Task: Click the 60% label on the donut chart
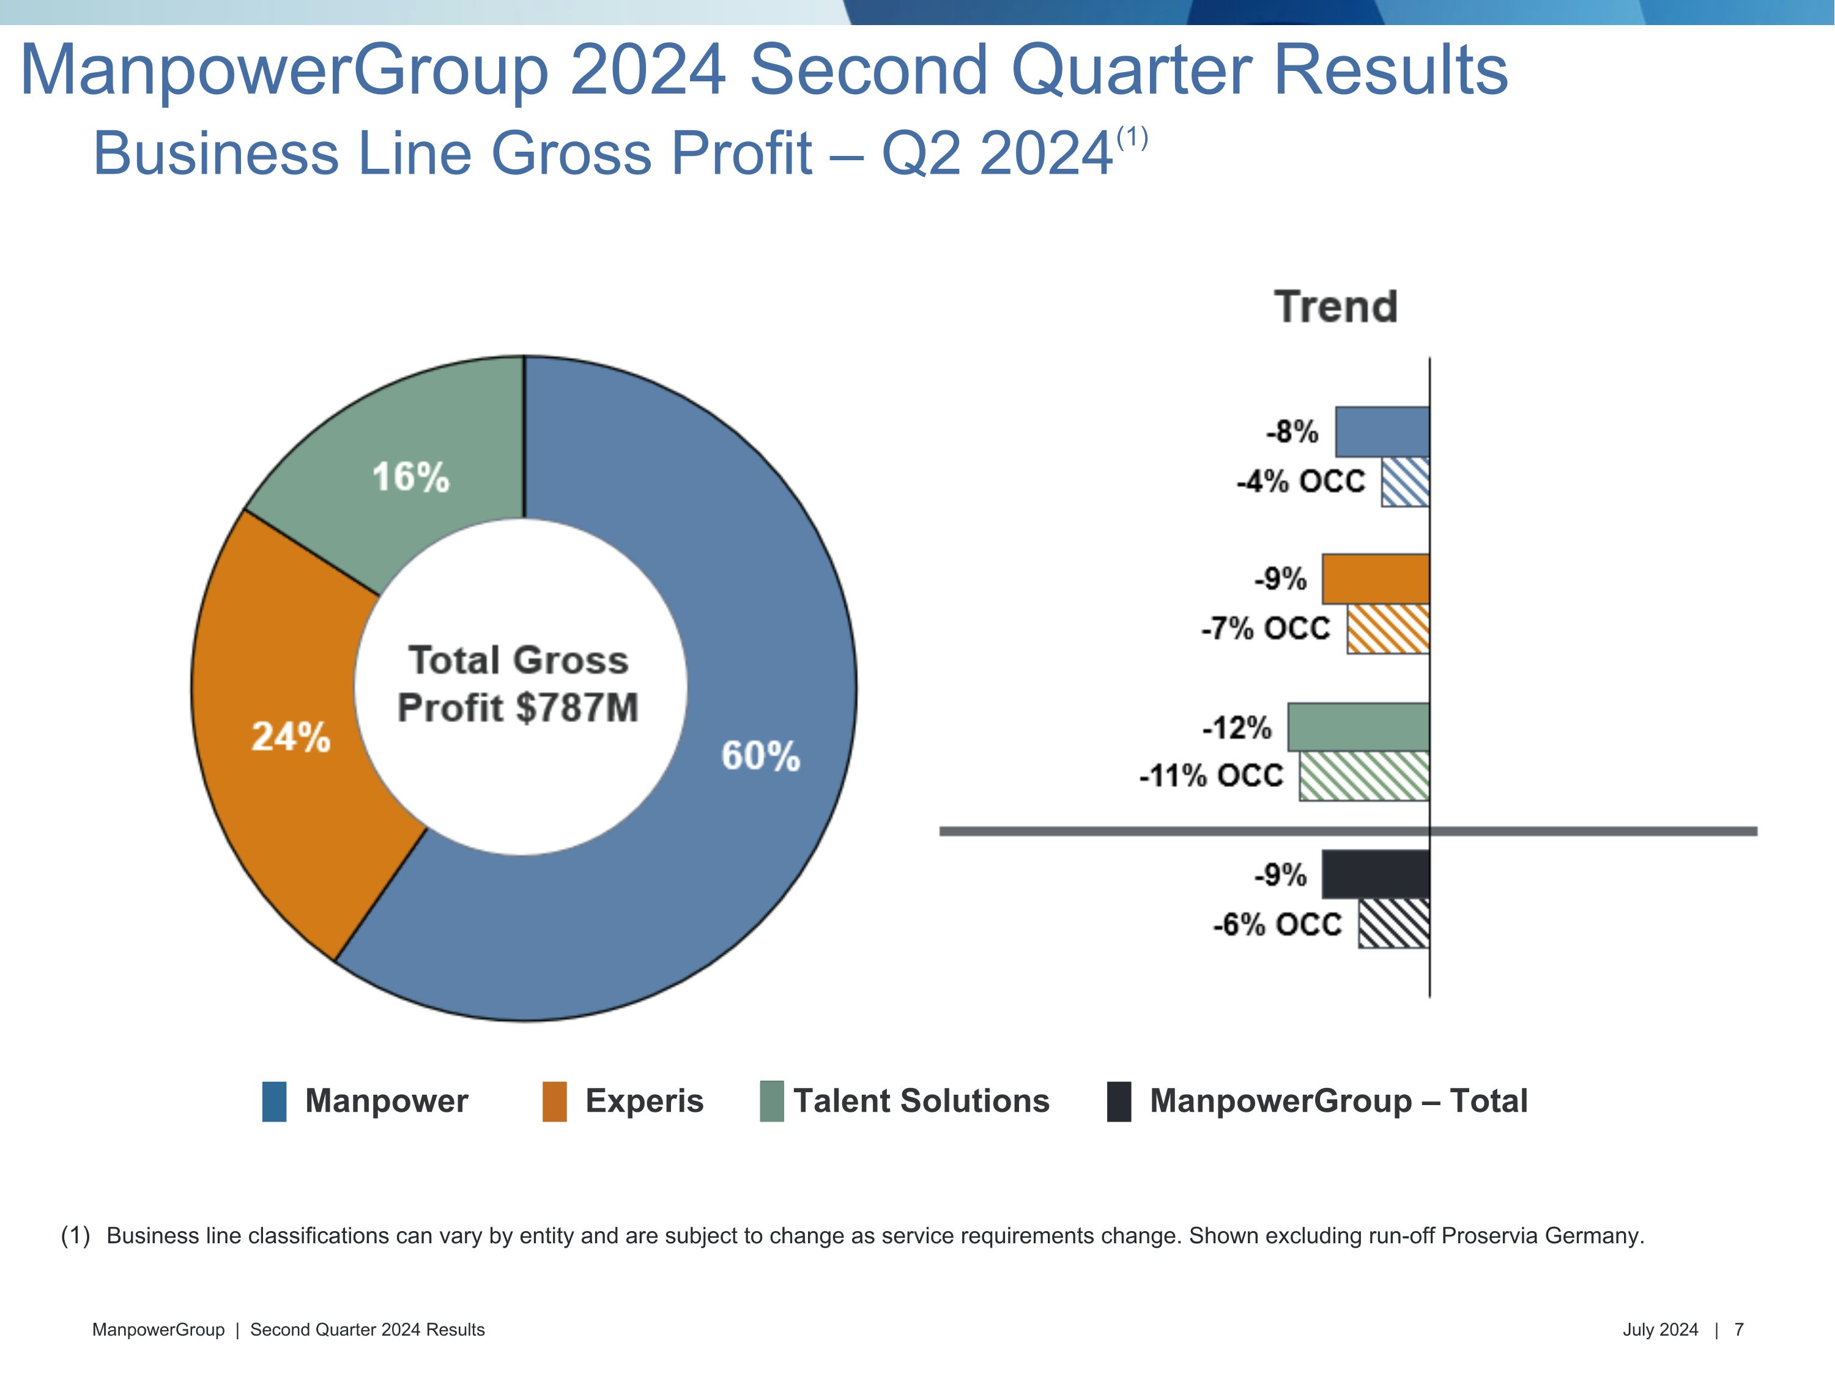click(x=760, y=756)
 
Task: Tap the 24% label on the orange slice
click(x=291, y=736)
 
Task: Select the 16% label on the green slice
click(x=410, y=477)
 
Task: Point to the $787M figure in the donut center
click(x=577, y=708)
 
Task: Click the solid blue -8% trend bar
click(x=1382, y=431)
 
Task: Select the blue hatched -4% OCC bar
click(x=1405, y=482)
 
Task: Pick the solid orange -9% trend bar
click(x=1376, y=579)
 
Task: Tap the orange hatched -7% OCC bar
click(x=1388, y=629)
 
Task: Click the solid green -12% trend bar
click(x=1358, y=727)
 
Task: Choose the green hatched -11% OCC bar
click(x=1364, y=776)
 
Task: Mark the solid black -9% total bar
click(x=1376, y=874)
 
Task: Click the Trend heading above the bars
click(x=1336, y=307)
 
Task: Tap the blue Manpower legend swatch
click(x=275, y=1101)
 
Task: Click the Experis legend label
click(x=643, y=1101)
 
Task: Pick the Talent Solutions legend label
click(x=921, y=1101)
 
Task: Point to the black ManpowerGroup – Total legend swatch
click(x=1119, y=1101)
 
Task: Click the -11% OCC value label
click(x=1211, y=776)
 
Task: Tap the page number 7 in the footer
click(x=1739, y=1330)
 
